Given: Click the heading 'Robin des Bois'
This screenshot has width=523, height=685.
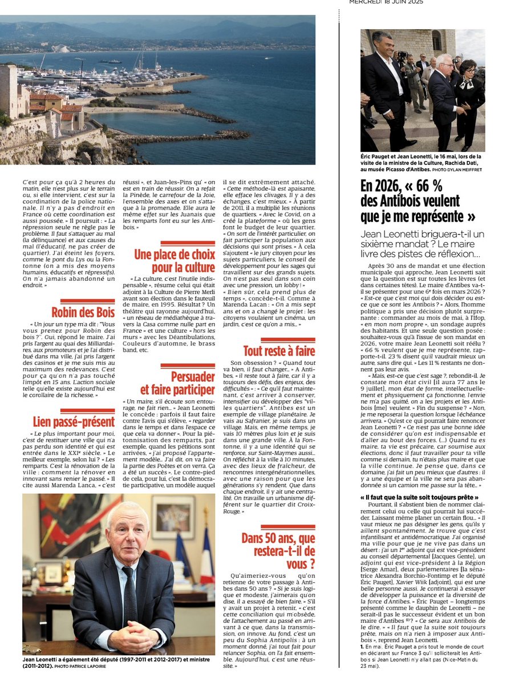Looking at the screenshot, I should tap(83, 312).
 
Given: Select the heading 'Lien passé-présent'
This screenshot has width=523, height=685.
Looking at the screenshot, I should tap(74, 422).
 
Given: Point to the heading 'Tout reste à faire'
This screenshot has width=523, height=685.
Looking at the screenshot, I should tap(278, 350).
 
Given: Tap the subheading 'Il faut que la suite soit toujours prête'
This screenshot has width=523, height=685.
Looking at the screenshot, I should tap(419, 497).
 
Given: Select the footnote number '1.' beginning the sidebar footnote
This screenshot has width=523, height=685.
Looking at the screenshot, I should tap(362, 644).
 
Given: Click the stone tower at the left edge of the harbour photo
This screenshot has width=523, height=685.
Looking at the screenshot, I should tap(8, 91).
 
